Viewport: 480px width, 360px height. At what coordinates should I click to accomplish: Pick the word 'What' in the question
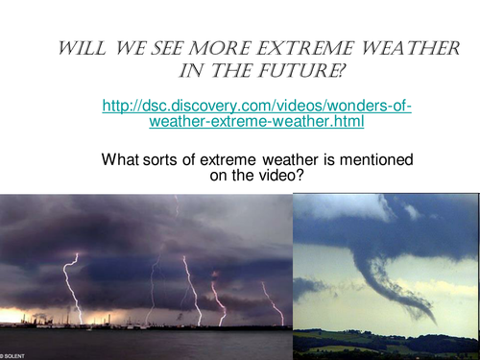(120, 159)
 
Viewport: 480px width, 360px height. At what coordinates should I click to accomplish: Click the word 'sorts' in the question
(161, 159)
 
